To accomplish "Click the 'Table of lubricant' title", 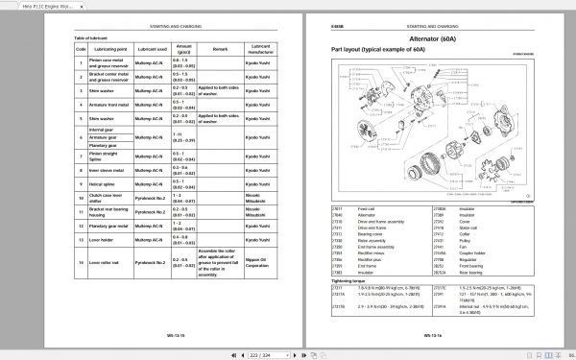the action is pos(91,37).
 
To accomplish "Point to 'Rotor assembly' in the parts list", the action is pos(370,240).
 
